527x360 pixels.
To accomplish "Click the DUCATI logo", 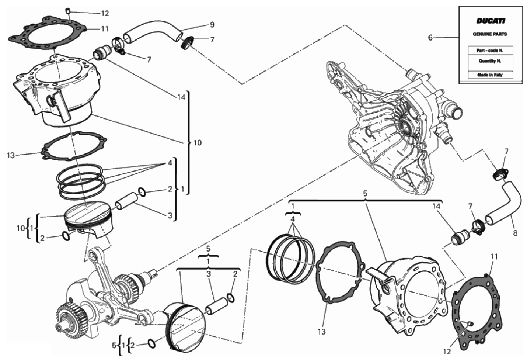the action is click(x=490, y=21).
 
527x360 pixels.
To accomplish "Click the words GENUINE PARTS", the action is click(x=490, y=34).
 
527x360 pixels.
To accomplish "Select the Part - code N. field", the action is click(x=490, y=51).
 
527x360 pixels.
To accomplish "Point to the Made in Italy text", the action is click(x=490, y=75).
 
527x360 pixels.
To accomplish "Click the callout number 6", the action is click(x=430, y=38).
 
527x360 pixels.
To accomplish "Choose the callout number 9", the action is click(x=212, y=24).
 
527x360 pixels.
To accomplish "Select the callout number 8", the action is click(x=515, y=233).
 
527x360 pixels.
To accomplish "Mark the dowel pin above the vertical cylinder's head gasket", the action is click(x=68, y=11).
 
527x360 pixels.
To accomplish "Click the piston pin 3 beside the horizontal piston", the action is click(x=216, y=306).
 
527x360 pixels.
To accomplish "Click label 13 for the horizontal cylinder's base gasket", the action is click(x=321, y=332).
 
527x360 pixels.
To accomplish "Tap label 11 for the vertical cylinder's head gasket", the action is click(x=105, y=29).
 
